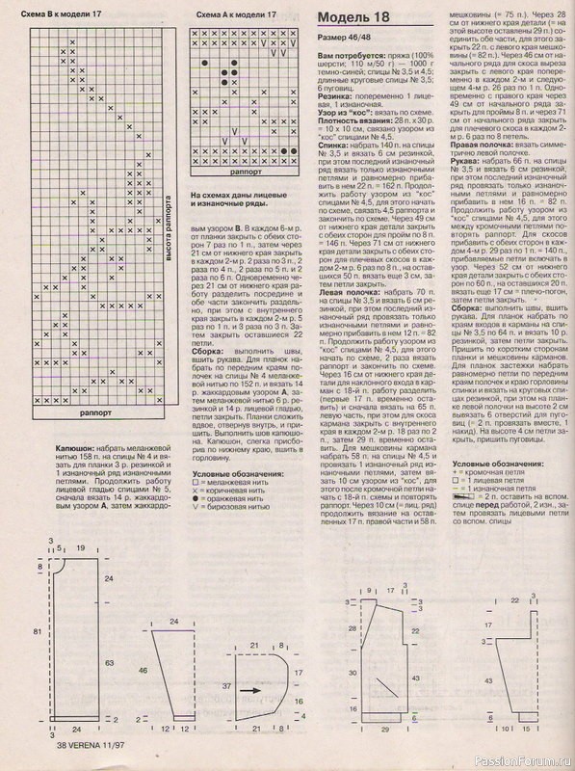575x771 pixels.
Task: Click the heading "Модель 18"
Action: click(354, 18)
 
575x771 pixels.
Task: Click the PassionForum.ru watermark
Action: click(525, 761)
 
